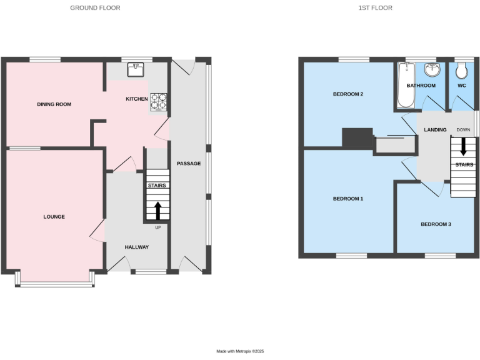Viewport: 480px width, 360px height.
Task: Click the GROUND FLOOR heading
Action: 95,8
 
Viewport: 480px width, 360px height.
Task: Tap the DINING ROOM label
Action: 54,104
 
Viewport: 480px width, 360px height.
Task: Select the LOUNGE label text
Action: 54,217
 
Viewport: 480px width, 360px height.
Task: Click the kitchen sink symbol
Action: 136,69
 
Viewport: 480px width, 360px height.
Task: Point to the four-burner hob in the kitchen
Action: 159,102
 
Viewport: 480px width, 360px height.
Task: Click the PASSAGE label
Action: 188,164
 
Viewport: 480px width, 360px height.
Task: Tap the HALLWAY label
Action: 136,247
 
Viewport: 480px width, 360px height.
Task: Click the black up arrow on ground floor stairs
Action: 157,210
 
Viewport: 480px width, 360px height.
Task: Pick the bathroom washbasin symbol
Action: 431,69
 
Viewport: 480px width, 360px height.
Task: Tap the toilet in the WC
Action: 462,69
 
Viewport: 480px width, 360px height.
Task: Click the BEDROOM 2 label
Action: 348,94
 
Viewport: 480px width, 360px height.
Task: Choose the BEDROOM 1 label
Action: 348,199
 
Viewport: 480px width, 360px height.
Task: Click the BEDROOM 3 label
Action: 436,224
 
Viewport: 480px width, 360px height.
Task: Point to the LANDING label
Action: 435,130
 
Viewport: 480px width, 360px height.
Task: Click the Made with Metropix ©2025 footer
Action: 240,352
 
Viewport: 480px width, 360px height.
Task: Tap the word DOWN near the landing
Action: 463,130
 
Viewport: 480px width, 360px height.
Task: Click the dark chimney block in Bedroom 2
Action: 357,138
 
